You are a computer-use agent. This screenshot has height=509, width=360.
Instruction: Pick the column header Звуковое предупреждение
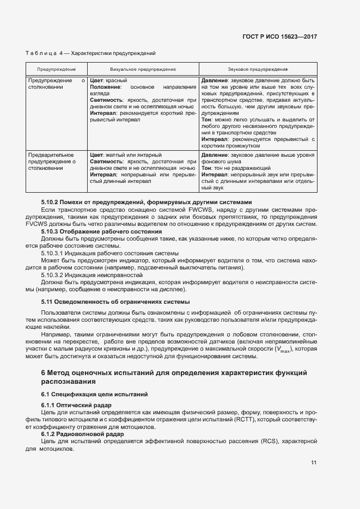(258, 70)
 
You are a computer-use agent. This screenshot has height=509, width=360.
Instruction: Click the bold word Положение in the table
(106, 87)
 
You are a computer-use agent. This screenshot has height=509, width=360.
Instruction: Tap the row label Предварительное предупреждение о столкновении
(52, 162)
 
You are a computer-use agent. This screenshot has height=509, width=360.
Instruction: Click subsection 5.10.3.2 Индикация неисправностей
(91, 275)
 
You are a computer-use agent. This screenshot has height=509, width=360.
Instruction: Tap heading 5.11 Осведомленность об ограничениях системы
(115, 302)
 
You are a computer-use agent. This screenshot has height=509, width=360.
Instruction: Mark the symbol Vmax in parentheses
(283, 349)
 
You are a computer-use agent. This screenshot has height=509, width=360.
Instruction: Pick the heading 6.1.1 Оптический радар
(76, 406)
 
